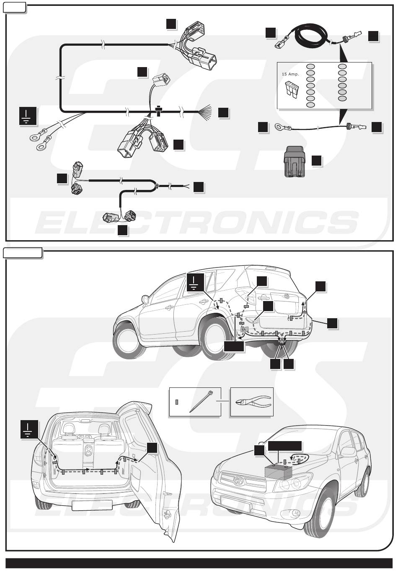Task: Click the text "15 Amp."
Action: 290,74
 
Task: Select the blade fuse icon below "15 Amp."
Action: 292,88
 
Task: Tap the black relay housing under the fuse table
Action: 297,163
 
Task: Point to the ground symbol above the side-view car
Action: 196,282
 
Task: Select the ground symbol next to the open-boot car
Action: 29,430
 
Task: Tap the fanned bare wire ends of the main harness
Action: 208,112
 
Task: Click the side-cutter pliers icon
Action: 251,402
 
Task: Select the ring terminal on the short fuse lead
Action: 278,126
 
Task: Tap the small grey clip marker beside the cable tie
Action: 177,402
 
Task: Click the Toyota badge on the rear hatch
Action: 287,296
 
